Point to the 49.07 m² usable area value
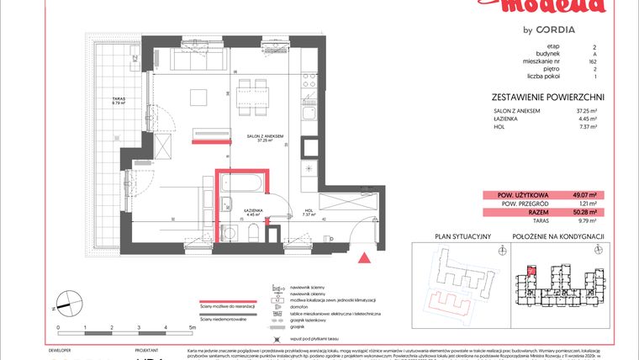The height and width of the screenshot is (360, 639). point(585,195)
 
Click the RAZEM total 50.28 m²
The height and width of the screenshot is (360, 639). point(585,213)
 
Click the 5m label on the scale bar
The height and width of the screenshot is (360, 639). point(192,326)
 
